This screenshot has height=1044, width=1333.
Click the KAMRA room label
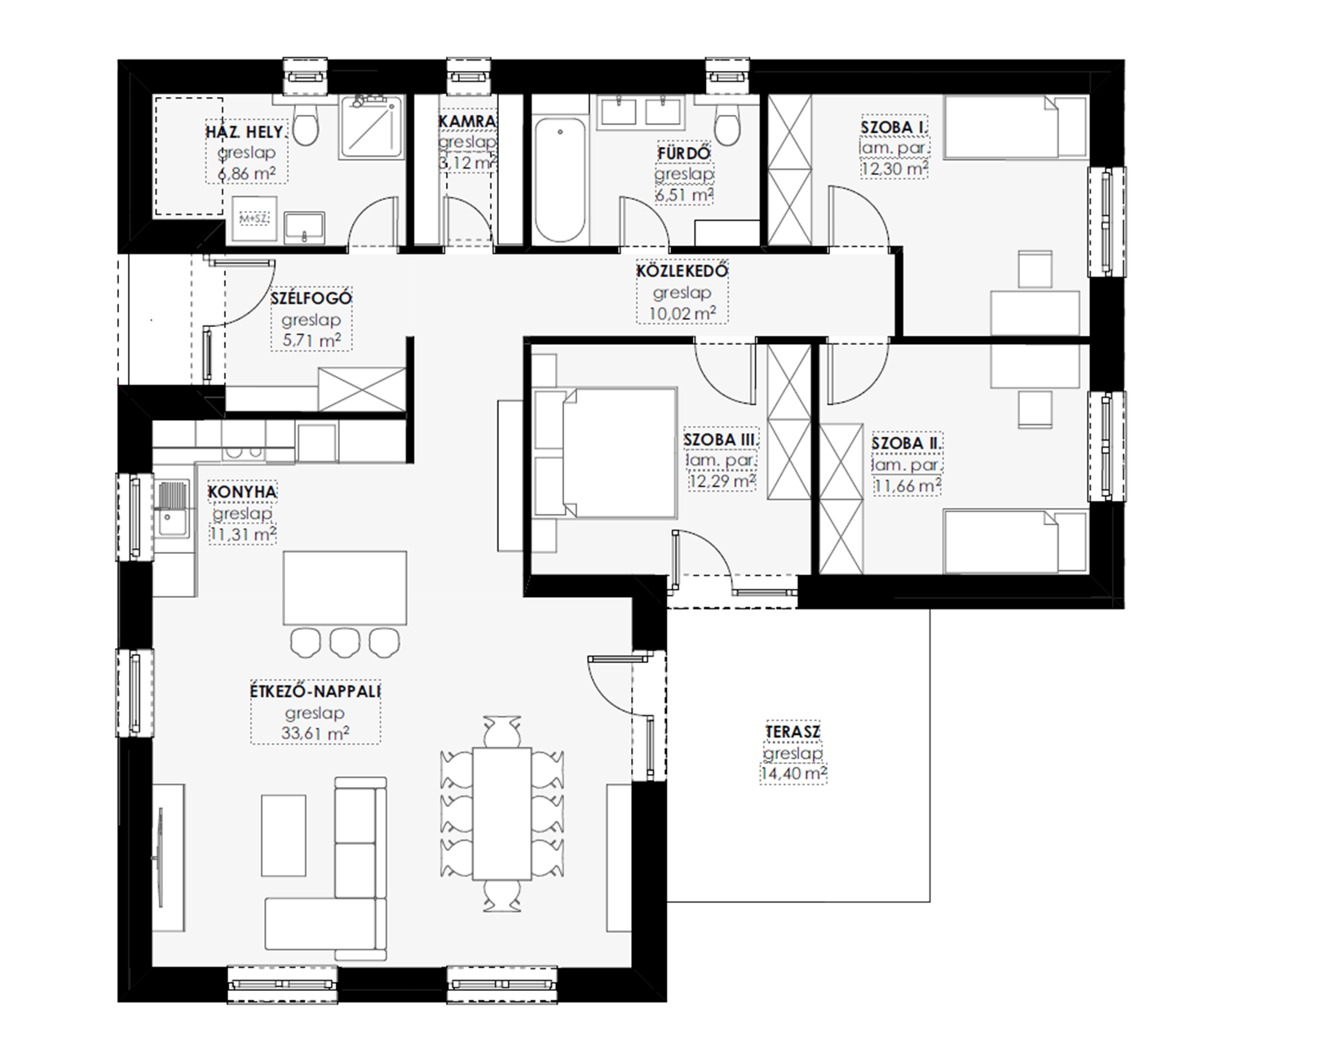pyautogui.click(x=467, y=122)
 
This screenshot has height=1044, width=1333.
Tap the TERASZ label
pyautogui.click(x=792, y=732)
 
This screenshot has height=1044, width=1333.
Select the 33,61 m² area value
pyautogui.click(x=316, y=733)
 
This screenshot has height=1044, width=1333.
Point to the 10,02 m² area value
pyautogui.click(x=682, y=313)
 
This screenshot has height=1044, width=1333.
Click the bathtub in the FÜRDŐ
pyautogui.click(x=560, y=179)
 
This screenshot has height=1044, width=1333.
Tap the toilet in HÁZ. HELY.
pyautogui.click(x=305, y=122)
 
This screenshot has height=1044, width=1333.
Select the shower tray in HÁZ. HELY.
pyautogui.click(x=372, y=128)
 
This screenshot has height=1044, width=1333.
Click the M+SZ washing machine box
pyautogui.click(x=254, y=219)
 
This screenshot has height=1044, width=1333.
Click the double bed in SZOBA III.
pyautogui.click(x=605, y=453)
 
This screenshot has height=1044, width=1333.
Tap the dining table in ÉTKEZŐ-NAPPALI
pyautogui.click(x=501, y=813)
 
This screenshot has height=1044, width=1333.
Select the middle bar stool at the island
pyautogui.click(x=345, y=642)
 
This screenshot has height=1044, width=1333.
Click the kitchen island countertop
pyautogui.click(x=345, y=587)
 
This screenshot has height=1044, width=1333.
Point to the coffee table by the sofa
pyautogui.click(x=284, y=835)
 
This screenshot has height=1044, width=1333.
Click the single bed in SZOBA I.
pyautogui.click(x=1015, y=127)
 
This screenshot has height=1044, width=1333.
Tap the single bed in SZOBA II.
pyautogui.click(x=1016, y=542)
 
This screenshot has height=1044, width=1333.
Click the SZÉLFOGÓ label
pyautogui.click(x=311, y=298)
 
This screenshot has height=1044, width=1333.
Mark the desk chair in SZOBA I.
pyautogui.click(x=1035, y=268)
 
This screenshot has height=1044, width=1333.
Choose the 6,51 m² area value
pyautogui.click(x=684, y=195)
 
